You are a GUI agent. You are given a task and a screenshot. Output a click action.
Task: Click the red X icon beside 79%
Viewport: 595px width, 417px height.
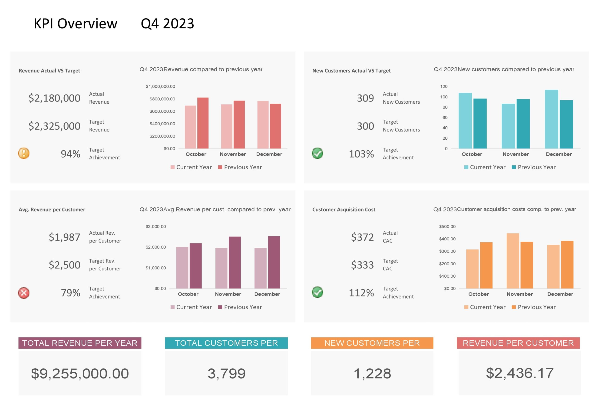(23, 293)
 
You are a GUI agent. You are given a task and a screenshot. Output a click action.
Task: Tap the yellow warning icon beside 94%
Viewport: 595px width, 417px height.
(23, 153)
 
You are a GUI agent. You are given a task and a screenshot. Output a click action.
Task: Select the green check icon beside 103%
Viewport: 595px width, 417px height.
(317, 153)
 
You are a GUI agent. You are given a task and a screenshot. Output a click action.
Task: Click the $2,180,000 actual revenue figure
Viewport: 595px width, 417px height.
(54, 98)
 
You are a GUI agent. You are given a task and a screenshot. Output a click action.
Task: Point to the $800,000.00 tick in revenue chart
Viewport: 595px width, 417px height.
(162, 99)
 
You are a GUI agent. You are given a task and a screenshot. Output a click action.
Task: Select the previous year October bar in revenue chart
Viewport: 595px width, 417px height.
(203, 123)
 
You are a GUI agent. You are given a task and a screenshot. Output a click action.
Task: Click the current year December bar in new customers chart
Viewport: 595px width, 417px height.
(551, 119)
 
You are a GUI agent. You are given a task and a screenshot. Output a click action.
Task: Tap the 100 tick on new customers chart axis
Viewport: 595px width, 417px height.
(444, 97)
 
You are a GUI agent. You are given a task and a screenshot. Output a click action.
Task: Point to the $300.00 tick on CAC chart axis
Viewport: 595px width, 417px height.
(447, 251)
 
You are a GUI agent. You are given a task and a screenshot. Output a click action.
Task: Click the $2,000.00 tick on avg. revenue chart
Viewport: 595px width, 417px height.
(155, 247)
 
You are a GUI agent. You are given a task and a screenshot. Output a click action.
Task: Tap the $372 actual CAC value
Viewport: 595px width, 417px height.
(362, 237)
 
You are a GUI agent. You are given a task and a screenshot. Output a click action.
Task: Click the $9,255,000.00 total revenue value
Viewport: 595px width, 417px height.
(80, 373)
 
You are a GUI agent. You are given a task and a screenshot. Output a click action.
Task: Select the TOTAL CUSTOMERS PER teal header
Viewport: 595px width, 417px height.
(226, 343)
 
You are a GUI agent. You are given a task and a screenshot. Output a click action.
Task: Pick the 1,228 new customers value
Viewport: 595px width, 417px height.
(372, 373)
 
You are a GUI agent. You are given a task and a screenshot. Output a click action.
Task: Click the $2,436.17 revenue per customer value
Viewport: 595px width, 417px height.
(520, 373)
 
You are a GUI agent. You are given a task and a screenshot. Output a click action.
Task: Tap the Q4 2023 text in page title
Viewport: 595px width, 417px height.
(167, 23)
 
